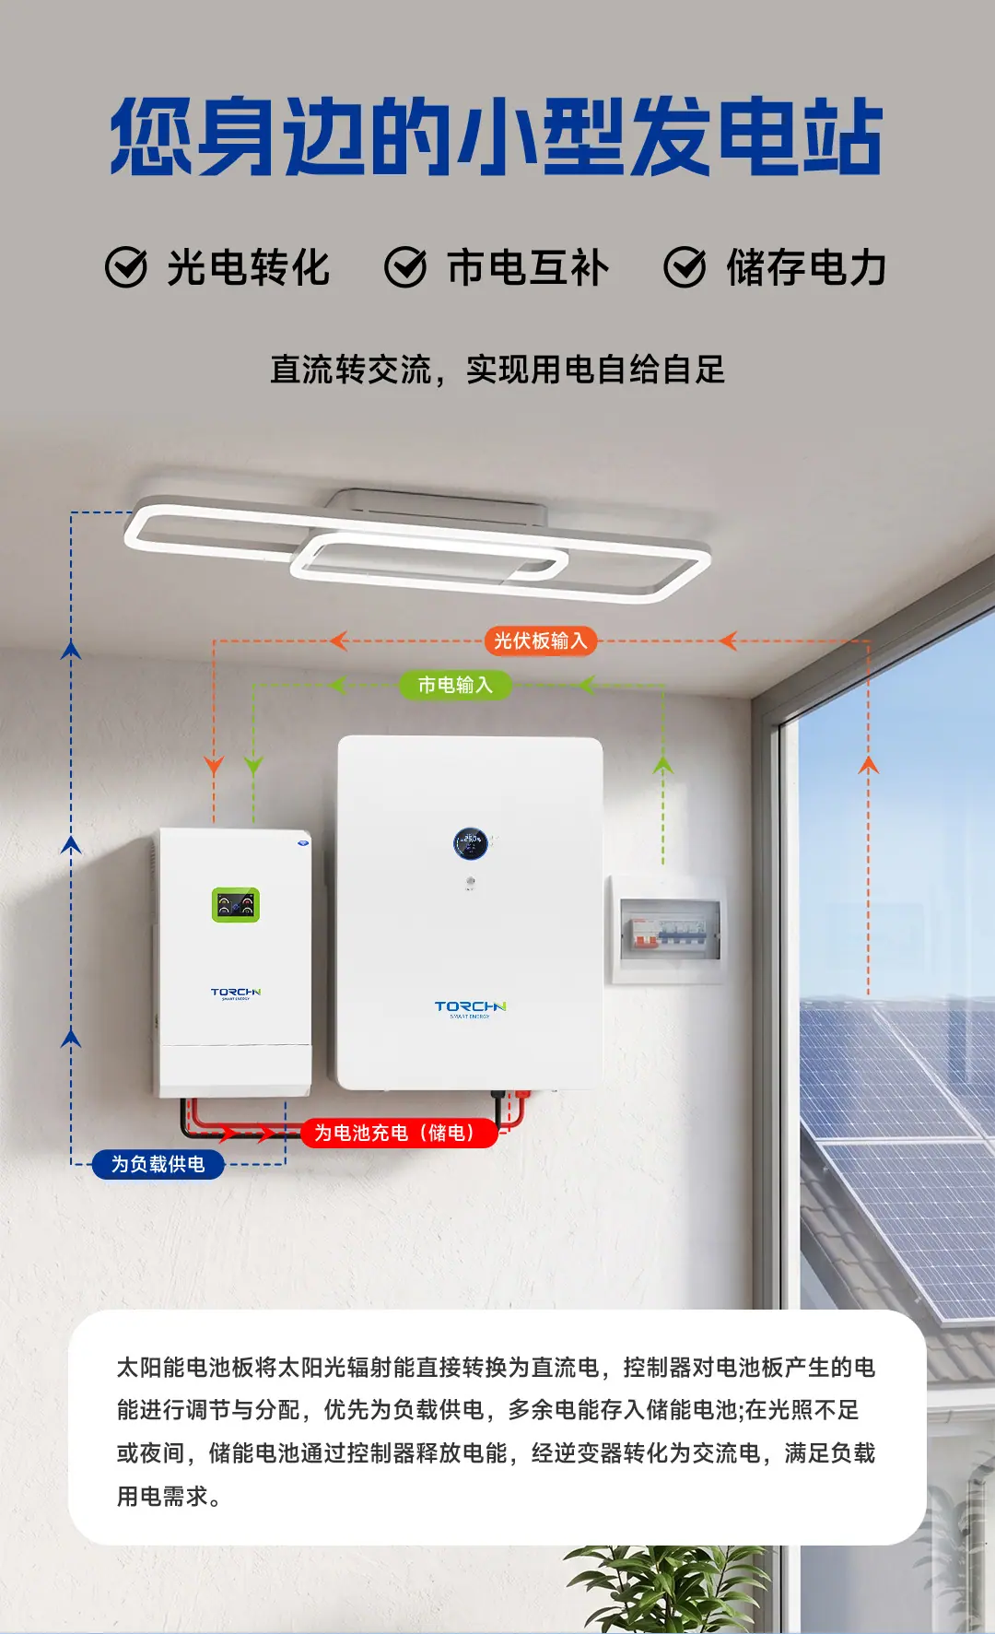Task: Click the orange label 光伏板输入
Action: coord(541,641)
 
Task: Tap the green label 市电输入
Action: coord(455,685)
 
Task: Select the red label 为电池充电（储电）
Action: coord(399,1133)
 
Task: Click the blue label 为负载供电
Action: coord(158,1164)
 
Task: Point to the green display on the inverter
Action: coord(236,905)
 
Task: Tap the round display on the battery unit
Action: coord(471,843)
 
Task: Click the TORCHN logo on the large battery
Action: coord(470,1009)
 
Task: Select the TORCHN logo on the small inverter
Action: coord(236,994)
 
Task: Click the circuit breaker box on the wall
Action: coord(667,930)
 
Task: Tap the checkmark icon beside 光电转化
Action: coord(126,267)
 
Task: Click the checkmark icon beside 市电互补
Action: coord(405,267)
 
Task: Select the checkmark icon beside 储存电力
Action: coord(685,267)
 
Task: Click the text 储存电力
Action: coord(806,268)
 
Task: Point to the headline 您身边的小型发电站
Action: coord(497,137)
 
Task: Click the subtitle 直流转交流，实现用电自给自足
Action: coord(497,370)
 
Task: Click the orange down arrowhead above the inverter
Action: coord(214,766)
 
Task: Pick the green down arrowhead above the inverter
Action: coord(253,765)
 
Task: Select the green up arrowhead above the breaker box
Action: coord(663,764)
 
